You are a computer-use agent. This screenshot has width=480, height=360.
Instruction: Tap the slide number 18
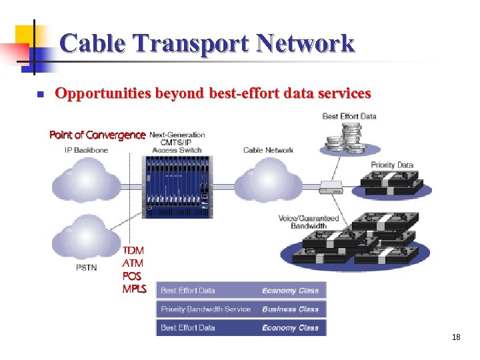click(456, 337)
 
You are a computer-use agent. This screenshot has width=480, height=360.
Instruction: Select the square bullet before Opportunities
click(40, 95)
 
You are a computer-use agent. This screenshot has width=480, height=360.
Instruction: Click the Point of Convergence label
click(97, 135)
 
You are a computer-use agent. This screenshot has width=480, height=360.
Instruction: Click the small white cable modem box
click(331, 187)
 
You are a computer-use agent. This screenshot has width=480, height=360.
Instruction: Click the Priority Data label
click(392, 165)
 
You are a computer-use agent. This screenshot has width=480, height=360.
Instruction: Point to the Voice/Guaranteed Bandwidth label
click(309, 222)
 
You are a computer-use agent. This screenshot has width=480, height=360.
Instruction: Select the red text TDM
click(133, 250)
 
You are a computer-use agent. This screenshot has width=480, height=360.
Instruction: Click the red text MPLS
click(134, 289)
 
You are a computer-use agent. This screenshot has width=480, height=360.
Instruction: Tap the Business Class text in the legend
click(290, 309)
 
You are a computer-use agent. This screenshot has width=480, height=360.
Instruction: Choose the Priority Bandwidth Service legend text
click(206, 309)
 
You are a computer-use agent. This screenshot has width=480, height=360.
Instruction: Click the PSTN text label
click(86, 268)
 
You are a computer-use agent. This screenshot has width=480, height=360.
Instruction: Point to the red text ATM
click(133, 263)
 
